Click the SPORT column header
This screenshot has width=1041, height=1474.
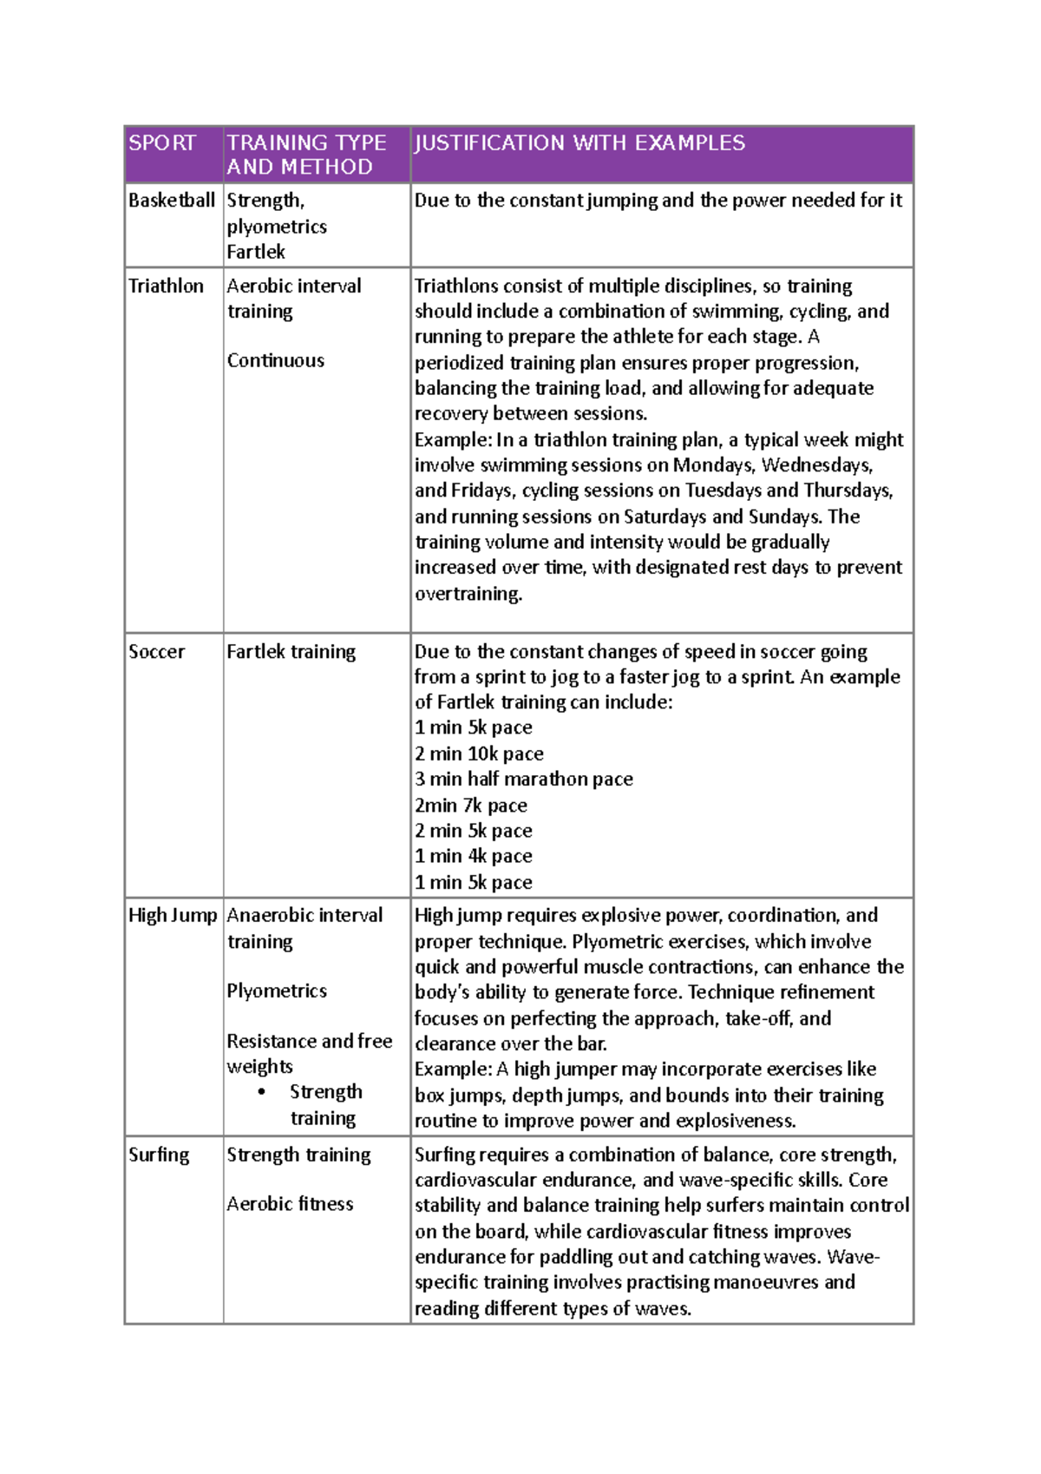pos(162,143)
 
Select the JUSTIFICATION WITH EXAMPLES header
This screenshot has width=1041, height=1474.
pos(579,143)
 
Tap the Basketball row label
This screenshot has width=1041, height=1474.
pos(172,201)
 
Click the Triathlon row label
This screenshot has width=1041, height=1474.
pos(166,286)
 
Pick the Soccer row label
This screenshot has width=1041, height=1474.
pos(156,652)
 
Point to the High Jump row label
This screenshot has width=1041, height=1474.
pos(173,916)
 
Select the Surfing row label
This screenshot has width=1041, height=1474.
pos(159,1155)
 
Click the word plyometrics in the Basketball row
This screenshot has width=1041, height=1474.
pos(277,227)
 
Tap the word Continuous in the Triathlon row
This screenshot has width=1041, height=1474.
pos(275,361)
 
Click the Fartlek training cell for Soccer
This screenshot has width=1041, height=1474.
pos(291,652)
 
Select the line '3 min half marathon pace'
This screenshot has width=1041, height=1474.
pos(523,780)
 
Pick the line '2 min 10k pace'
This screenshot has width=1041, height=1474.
pos(479,754)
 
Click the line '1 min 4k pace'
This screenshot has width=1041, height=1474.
pos(473,857)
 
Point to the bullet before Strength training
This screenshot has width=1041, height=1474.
pos(262,1092)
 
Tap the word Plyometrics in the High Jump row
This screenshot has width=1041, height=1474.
pos(277,991)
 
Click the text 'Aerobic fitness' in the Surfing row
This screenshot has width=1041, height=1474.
pos(290,1204)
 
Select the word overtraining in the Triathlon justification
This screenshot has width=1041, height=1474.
pos(468,595)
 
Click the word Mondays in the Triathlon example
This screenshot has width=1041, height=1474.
pos(711,465)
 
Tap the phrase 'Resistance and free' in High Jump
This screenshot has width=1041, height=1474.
pos(309,1042)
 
